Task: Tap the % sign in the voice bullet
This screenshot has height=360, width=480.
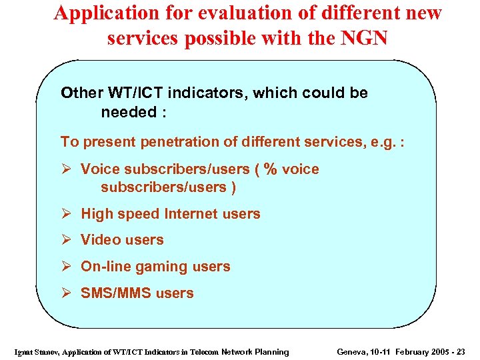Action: pos(270,169)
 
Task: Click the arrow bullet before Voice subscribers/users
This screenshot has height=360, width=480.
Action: pos(67,169)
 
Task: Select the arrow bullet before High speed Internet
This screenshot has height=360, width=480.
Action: pos(67,214)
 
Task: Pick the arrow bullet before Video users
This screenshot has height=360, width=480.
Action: pos(67,240)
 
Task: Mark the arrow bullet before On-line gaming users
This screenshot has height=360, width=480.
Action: pos(67,267)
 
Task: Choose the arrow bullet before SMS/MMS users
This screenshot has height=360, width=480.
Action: pos(67,293)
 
